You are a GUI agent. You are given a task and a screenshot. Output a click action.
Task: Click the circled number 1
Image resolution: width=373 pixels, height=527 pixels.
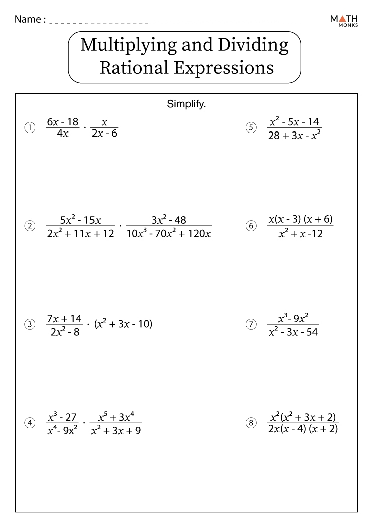point(30,128)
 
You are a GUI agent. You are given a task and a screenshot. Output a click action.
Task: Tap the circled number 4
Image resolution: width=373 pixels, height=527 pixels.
point(30,423)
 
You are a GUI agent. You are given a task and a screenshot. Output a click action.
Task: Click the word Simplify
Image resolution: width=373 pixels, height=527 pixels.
point(187,105)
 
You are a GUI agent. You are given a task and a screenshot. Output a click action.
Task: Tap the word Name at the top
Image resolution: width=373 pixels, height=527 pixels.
point(28,19)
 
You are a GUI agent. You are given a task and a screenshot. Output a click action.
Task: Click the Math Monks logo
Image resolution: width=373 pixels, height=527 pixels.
point(344,20)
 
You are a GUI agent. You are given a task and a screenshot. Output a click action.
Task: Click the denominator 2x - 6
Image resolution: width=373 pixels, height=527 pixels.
point(105,134)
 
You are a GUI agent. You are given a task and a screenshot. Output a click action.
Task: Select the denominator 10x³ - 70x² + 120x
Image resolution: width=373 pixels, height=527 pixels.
point(168,234)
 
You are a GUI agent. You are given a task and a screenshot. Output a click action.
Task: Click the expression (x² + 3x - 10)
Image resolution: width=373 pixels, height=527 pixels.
point(123,324)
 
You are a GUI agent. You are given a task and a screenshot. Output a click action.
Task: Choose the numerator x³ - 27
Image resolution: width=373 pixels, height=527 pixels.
point(62,417)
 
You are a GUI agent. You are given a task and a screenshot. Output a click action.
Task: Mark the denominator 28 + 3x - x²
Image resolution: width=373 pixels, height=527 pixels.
point(295,134)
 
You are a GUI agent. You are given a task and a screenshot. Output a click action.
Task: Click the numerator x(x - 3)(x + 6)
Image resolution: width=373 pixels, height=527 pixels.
point(301,220)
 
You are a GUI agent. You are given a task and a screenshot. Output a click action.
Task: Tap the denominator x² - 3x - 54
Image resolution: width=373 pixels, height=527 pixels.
point(293,332)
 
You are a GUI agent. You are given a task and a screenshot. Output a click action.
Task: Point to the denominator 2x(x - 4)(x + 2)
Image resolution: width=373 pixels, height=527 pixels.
point(303,429)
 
